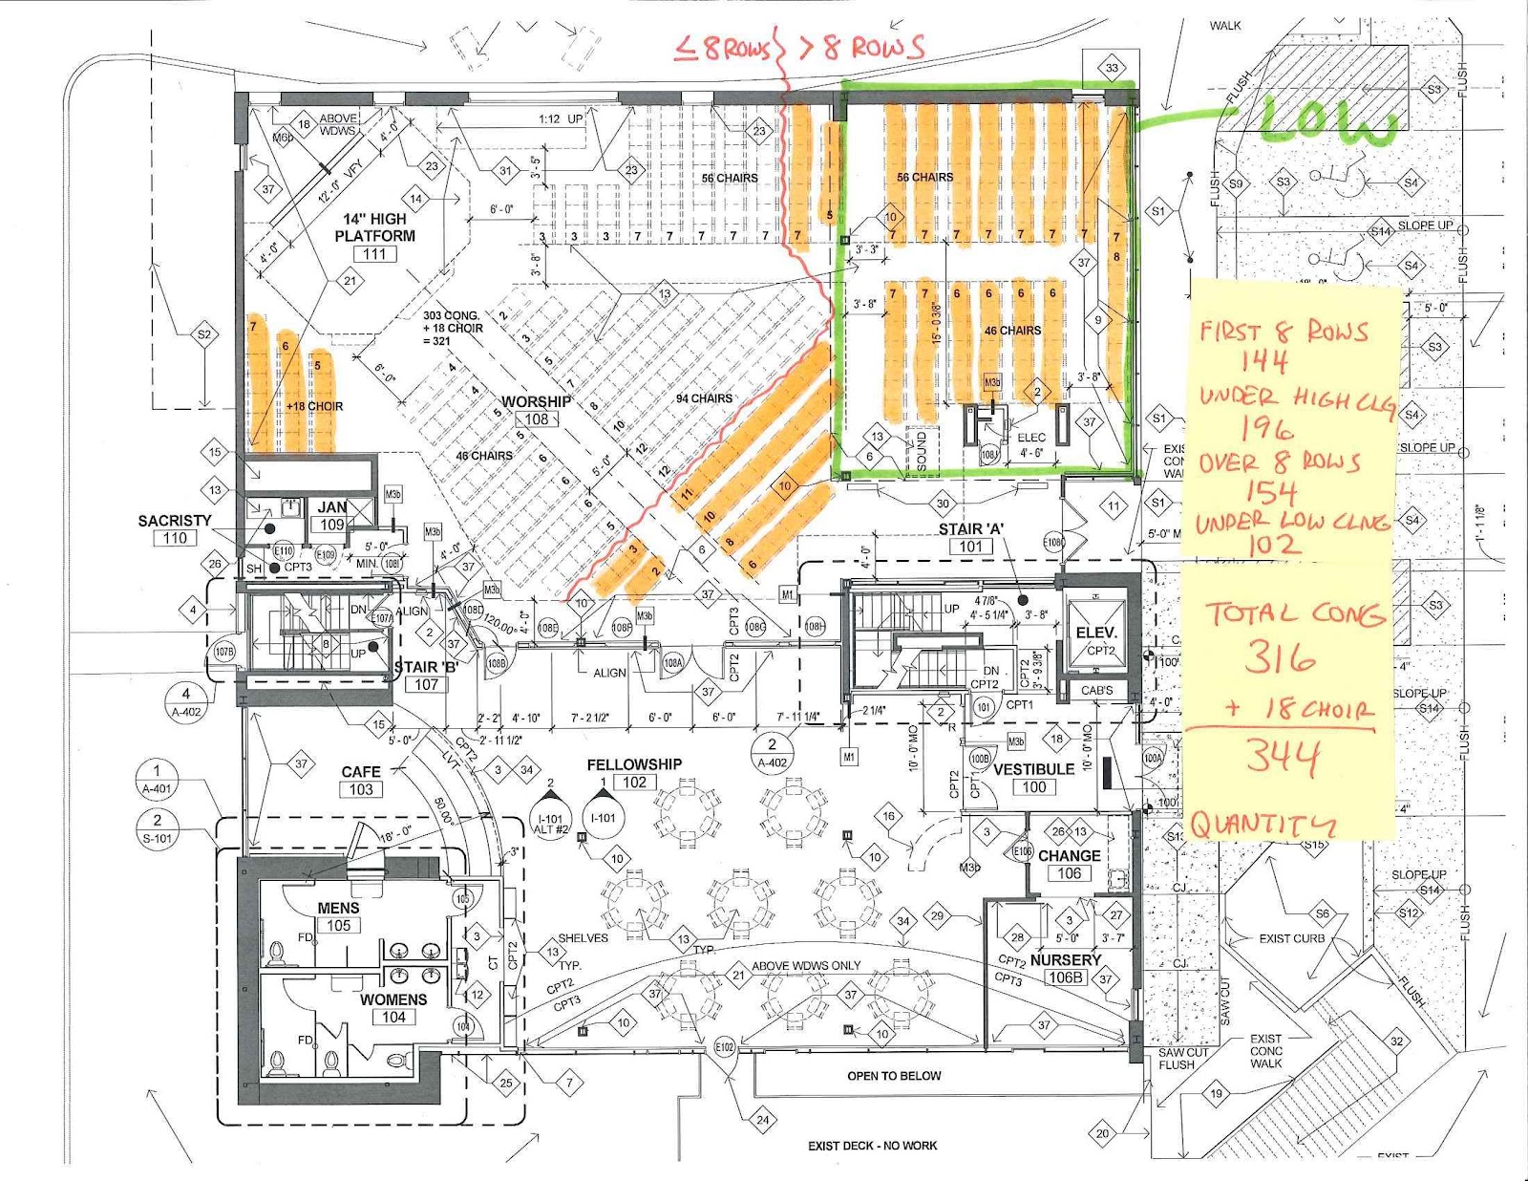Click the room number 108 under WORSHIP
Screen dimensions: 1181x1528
click(x=537, y=419)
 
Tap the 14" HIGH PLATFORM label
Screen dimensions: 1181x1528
click(x=374, y=227)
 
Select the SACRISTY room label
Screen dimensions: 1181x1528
click(x=174, y=521)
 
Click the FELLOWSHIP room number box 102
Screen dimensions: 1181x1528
click(x=635, y=782)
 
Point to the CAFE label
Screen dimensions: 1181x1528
click(x=361, y=771)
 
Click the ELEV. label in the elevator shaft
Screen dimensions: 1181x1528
click(x=1095, y=633)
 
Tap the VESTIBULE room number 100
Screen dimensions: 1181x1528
click(x=1034, y=786)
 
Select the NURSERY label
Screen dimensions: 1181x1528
click(x=1066, y=959)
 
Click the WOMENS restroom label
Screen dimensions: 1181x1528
click(x=393, y=999)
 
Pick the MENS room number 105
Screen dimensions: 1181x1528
click(x=339, y=925)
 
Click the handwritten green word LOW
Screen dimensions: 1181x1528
click(x=1327, y=122)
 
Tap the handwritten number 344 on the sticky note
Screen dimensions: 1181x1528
click(x=1283, y=757)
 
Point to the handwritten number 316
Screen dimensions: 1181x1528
click(x=1280, y=657)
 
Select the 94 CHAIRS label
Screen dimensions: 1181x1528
click(x=704, y=398)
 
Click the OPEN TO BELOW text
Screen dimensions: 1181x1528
click(x=894, y=1076)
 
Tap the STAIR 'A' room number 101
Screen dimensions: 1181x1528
click(x=970, y=547)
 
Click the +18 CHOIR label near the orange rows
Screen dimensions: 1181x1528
click(x=314, y=406)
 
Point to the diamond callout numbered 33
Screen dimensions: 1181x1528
click(x=1112, y=68)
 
